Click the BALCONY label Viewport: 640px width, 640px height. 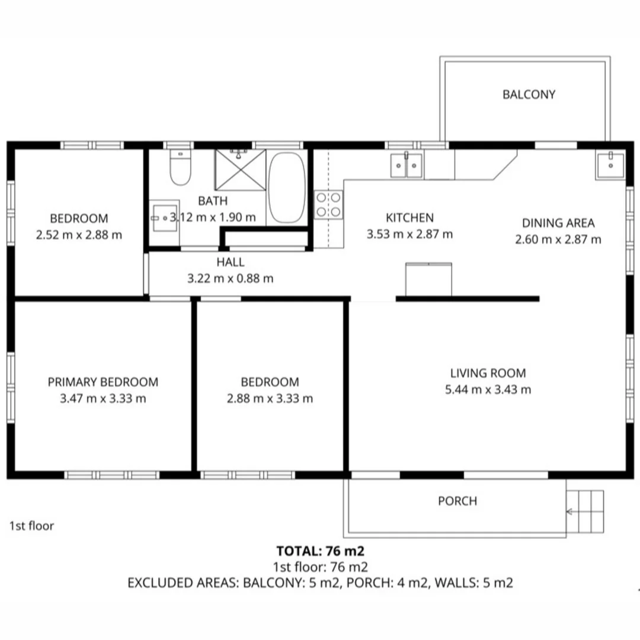point(529,94)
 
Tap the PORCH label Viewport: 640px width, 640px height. point(457,501)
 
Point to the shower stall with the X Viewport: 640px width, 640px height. point(240,170)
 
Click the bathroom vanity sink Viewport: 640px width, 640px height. point(162,219)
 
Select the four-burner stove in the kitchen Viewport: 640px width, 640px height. point(329,204)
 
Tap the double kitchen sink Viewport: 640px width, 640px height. point(406,164)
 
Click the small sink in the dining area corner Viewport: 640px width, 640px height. point(610,165)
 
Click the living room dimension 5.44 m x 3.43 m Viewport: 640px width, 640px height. point(488,389)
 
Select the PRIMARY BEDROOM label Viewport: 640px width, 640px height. point(103,382)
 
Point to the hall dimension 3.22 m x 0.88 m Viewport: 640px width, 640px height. point(230,278)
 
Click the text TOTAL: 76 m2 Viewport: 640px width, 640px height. point(320,550)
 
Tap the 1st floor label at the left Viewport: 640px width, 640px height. point(31,526)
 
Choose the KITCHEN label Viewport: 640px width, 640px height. point(409,217)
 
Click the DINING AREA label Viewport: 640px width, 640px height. point(558,223)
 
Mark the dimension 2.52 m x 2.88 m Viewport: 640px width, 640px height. point(79,235)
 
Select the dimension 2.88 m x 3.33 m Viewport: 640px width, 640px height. point(270,398)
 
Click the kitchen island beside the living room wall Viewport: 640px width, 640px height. point(428,279)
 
